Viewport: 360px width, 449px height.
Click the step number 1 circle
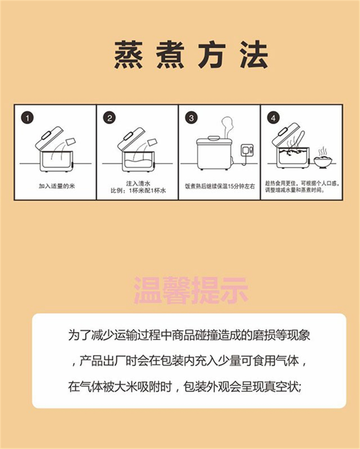(28, 118)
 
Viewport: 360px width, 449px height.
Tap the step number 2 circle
(109, 118)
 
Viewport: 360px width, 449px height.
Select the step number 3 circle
(192, 118)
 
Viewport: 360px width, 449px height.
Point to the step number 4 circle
(273, 118)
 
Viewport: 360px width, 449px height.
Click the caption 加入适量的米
(57, 186)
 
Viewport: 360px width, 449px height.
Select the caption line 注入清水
(138, 183)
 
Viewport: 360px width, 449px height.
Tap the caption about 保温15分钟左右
(220, 186)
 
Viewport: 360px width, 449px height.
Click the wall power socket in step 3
(247, 150)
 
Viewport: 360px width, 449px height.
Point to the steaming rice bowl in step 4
(323, 159)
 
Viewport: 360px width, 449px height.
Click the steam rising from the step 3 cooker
(227, 127)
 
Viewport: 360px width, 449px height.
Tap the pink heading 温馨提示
(191, 290)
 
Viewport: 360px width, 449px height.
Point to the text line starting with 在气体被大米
(185, 387)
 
